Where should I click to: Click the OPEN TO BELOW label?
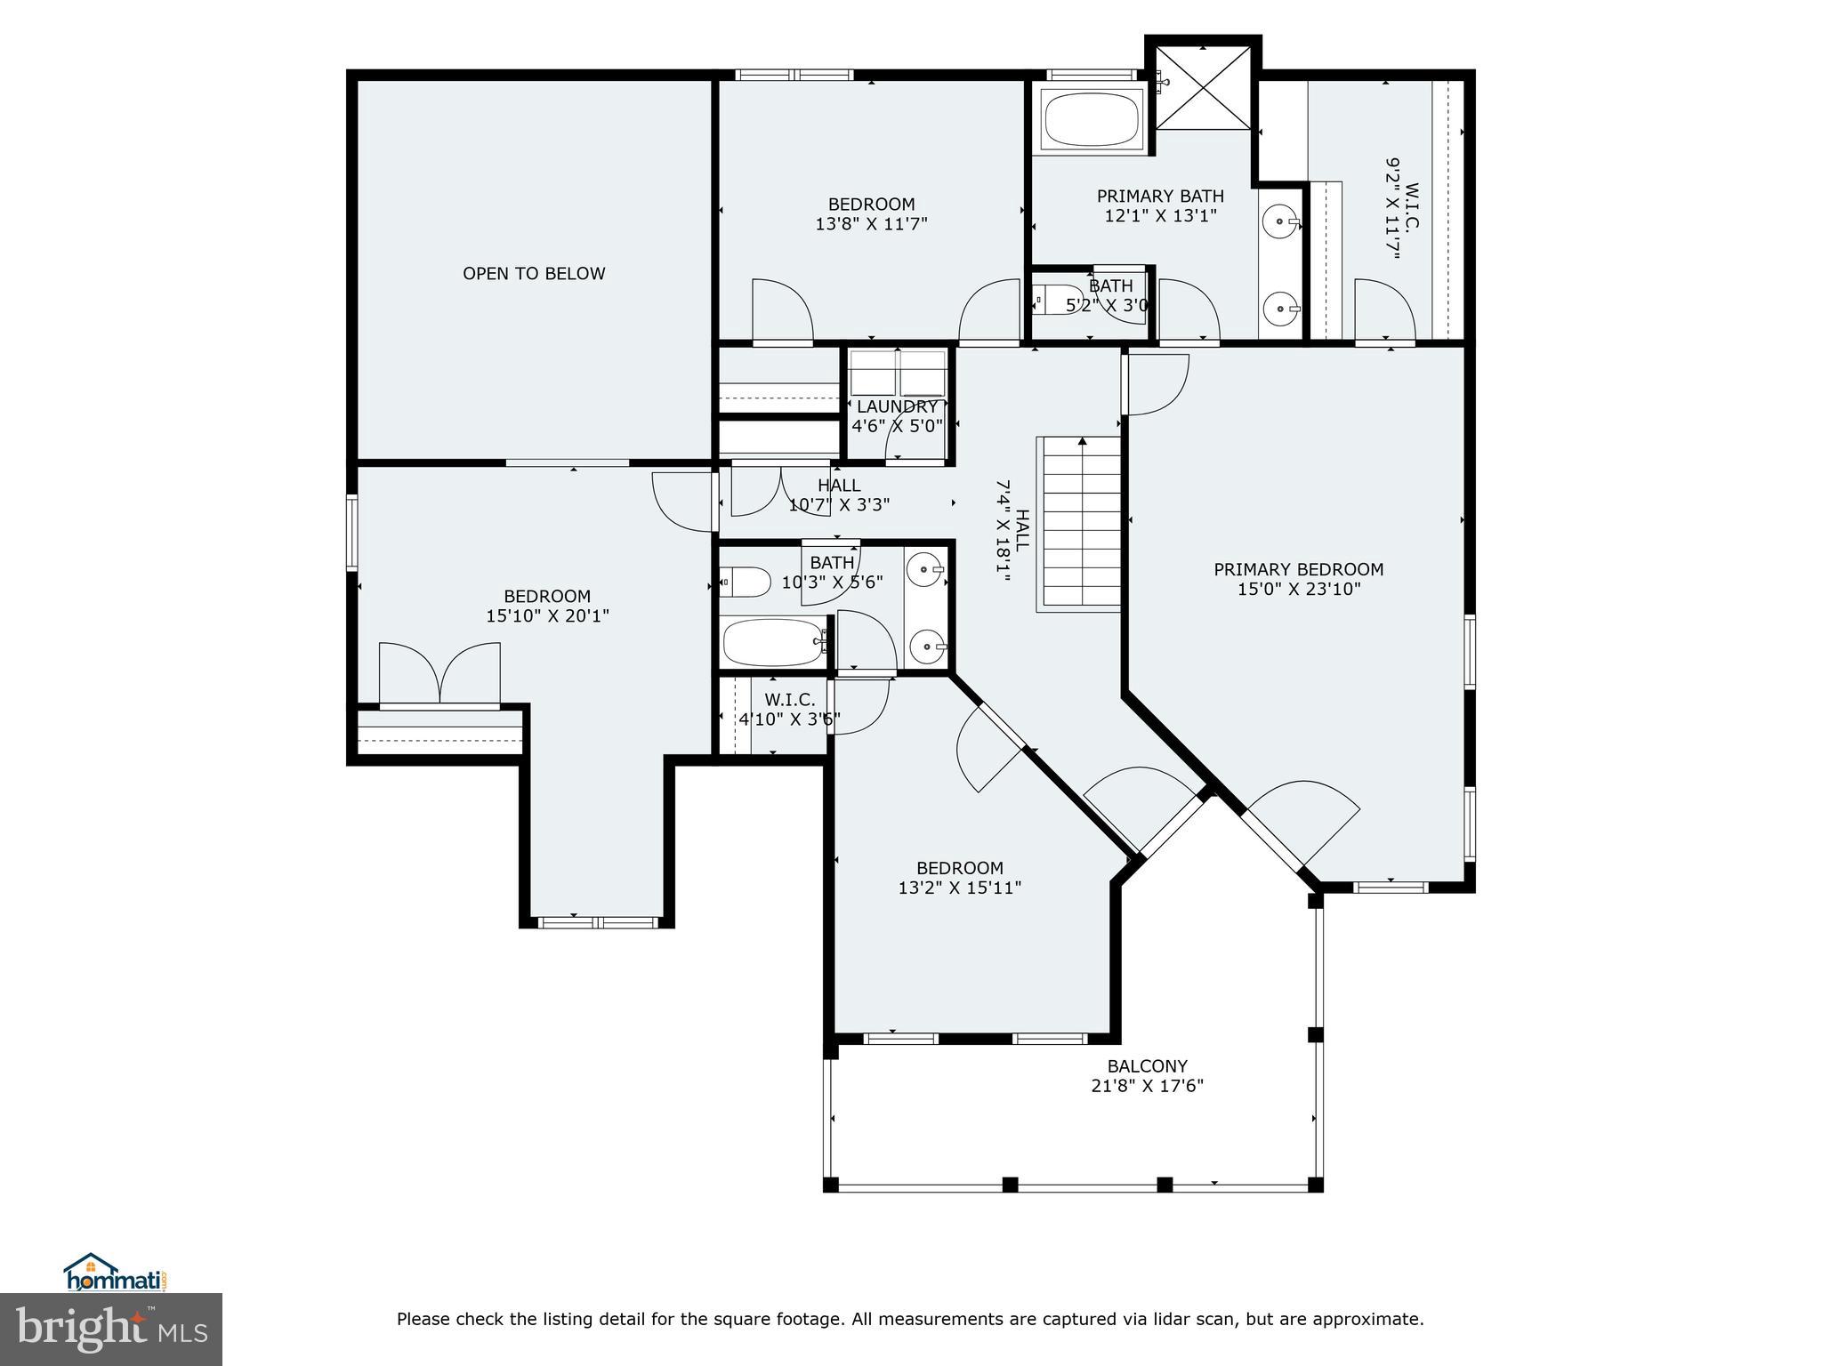(534, 274)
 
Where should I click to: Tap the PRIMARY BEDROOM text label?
(1299, 569)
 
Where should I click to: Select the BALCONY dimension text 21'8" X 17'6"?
(1147, 1086)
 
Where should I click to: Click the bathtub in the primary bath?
(1092, 120)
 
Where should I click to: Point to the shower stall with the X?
(1203, 87)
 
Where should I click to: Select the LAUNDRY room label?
(897, 406)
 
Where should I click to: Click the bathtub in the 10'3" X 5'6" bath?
(772, 642)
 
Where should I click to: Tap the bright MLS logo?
(111, 1330)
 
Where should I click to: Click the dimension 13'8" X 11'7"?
(871, 224)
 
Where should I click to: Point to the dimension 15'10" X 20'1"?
(547, 615)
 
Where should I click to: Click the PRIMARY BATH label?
(1160, 196)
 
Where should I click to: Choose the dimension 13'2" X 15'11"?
(959, 888)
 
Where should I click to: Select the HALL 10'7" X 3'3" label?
(839, 495)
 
